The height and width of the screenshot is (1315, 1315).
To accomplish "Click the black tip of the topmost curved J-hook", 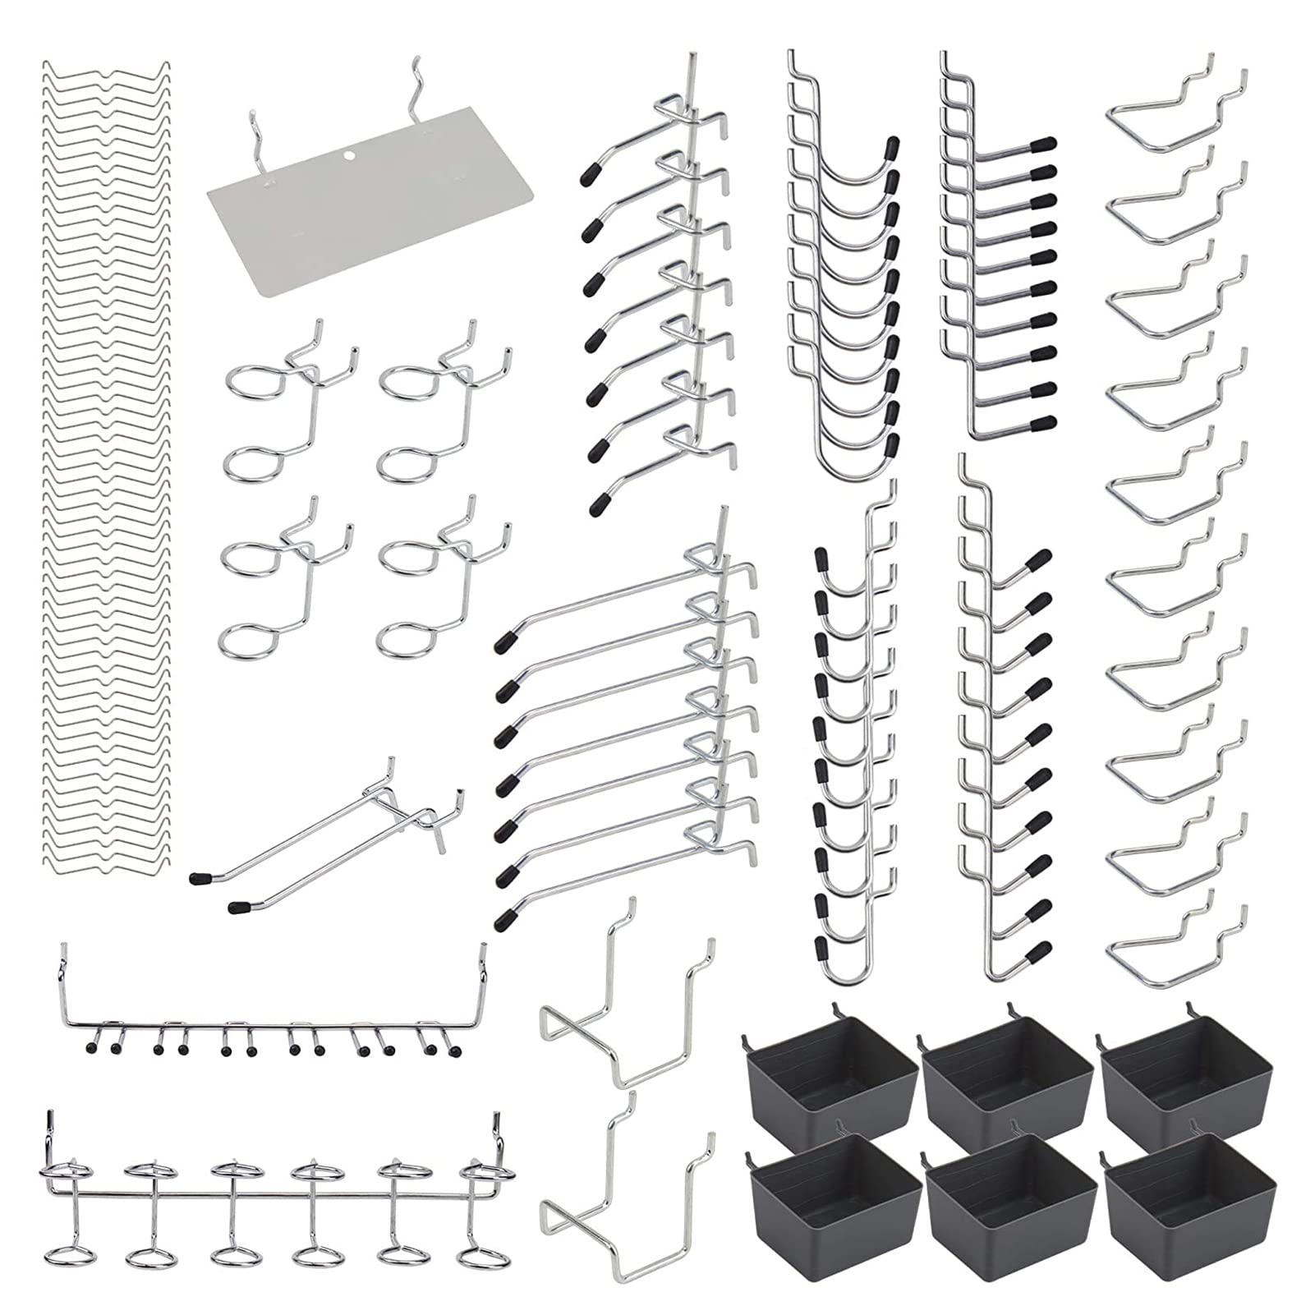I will (890, 149).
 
